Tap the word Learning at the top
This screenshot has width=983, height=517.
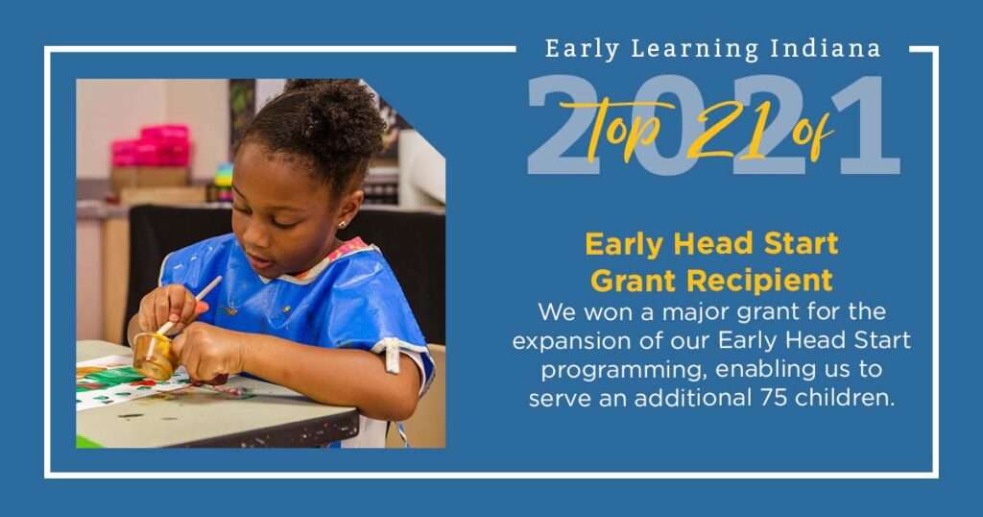(695, 50)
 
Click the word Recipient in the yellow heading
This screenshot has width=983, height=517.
(760, 282)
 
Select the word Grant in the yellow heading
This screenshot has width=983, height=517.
(634, 282)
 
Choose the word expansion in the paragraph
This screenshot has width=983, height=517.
(565, 342)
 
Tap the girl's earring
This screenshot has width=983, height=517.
(342, 223)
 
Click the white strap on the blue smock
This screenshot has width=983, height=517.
(392, 356)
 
